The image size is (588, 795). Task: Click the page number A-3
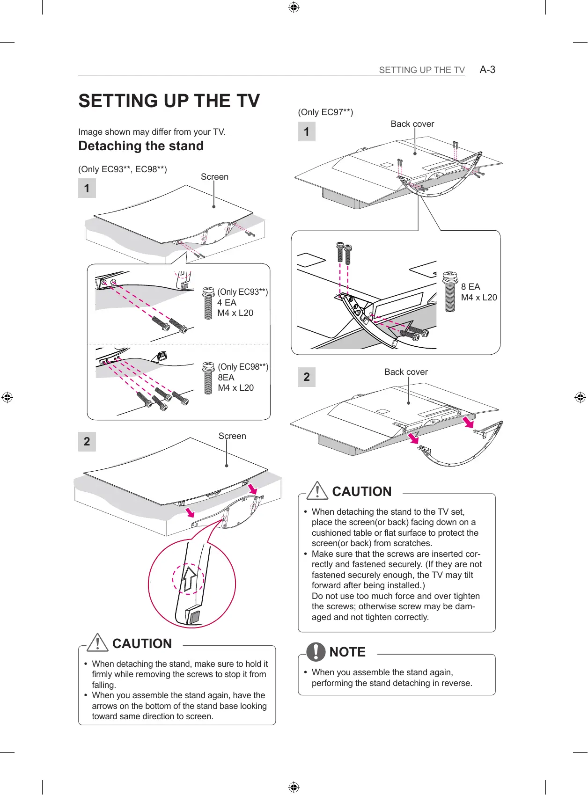tap(487, 70)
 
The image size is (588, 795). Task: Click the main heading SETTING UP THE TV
tap(169, 101)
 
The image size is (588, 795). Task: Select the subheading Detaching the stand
tap(141, 146)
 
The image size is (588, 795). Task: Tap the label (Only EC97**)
tap(325, 112)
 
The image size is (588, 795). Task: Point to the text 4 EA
tap(227, 303)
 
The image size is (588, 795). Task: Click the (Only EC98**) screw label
tap(243, 367)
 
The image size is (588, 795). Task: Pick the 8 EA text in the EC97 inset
tap(470, 287)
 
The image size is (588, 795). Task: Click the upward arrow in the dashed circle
tap(189, 578)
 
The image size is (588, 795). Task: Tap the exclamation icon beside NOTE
tap(316, 651)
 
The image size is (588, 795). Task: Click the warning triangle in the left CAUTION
tap(97, 642)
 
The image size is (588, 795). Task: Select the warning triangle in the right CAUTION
tap(317, 490)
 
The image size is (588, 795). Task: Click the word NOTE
tap(347, 652)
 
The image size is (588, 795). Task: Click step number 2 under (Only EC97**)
tap(307, 377)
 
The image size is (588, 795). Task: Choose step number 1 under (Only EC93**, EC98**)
tap(87, 189)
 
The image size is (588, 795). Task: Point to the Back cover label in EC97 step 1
tap(412, 124)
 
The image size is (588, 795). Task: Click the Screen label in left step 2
tap(232, 436)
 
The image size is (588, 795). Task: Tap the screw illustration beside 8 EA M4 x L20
tap(449, 291)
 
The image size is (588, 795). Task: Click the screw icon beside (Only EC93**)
tap(208, 303)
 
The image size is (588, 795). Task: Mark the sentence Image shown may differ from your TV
tap(152, 132)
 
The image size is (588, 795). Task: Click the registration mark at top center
tap(294, 7)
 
